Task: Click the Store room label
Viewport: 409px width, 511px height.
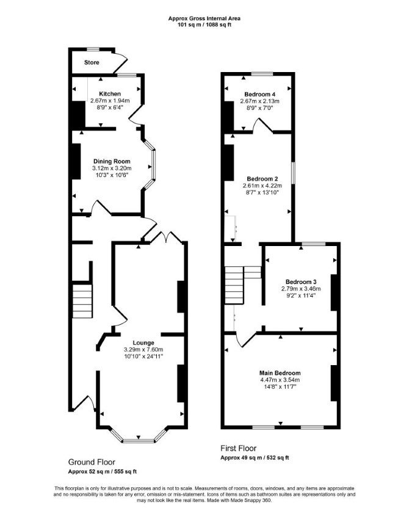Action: pos(92,62)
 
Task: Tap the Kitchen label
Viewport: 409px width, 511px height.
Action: pos(110,94)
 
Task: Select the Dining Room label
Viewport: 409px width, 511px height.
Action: pos(112,161)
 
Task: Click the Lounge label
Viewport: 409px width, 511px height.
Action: pos(143,343)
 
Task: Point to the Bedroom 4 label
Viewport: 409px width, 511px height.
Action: pos(259,95)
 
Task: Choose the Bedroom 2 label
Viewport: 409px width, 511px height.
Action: pos(262,179)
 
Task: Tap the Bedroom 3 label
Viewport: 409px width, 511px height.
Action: pos(301,282)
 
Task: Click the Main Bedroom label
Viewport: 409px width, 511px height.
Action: pos(280,373)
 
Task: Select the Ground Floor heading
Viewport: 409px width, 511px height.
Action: pos(92,462)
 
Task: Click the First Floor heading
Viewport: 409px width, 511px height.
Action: pos(239,449)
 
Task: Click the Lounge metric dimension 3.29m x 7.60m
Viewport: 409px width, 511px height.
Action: pos(143,350)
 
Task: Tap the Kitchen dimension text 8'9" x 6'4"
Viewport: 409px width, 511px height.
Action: pos(110,107)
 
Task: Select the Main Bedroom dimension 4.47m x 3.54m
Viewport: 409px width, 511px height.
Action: pos(280,380)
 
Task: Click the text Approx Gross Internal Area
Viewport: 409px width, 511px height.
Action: pos(204,18)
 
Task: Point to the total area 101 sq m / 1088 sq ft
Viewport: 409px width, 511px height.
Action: pos(204,25)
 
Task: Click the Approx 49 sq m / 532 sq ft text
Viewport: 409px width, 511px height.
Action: pos(255,458)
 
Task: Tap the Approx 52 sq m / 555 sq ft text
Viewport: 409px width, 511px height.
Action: pos(103,471)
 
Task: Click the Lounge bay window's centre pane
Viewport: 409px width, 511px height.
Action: pos(138,441)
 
